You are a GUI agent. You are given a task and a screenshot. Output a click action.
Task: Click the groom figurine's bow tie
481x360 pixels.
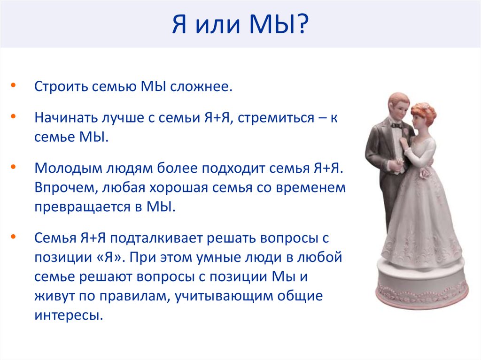click(396, 125)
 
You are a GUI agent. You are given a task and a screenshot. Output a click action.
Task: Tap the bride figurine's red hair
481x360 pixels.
click(424, 111)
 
